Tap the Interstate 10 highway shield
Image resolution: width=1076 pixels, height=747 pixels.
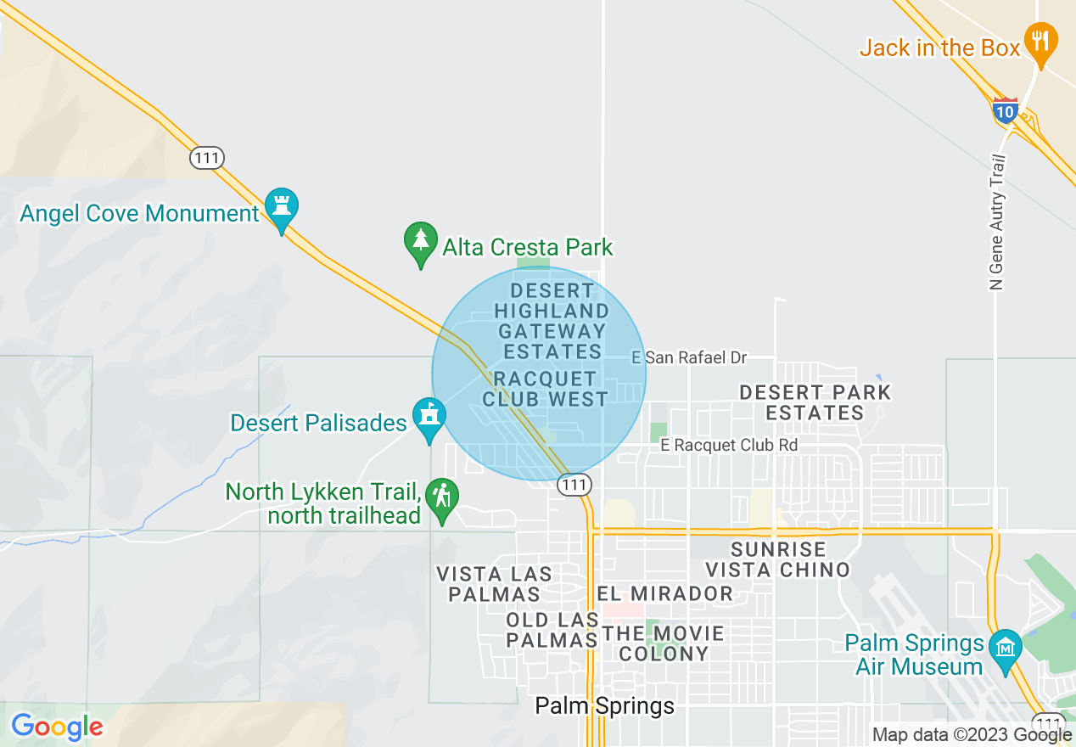(x=1005, y=110)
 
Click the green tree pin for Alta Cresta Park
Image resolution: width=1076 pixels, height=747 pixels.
(x=420, y=241)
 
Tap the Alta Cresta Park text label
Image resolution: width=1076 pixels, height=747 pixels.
(x=527, y=248)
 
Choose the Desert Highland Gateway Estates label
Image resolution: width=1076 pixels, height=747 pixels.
(x=552, y=321)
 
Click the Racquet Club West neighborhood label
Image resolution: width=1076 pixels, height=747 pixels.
(x=545, y=388)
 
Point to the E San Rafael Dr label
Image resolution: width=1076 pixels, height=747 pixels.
(x=689, y=358)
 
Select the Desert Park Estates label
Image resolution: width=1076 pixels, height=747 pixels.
(x=815, y=403)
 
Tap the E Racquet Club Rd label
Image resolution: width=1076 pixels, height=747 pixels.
(x=729, y=445)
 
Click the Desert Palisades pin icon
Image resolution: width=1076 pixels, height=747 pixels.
(x=429, y=417)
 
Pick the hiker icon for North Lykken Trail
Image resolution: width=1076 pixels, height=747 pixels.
(x=442, y=496)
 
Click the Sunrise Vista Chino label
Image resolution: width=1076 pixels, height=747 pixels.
(x=779, y=559)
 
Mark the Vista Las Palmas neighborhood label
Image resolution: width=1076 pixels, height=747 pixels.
(x=494, y=584)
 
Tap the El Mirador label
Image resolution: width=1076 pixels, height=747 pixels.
(x=664, y=593)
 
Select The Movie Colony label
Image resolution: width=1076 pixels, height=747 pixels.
(x=664, y=643)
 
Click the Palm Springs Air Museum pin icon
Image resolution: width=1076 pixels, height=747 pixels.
(x=1006, y=649)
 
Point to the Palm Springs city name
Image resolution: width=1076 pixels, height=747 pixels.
(x=604, y=706)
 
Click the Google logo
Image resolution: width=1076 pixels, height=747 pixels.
(x=56, y=727)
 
